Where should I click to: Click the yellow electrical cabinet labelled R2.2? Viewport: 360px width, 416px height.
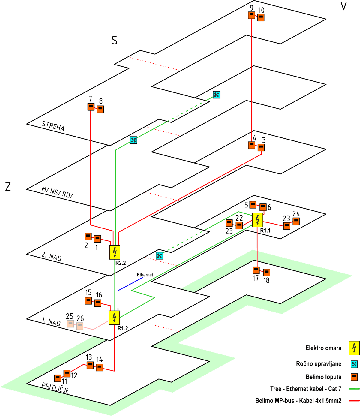tap(115, 252)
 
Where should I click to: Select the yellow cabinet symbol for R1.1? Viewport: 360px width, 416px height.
tap(257, 220)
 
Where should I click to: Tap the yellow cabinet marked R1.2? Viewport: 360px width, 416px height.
tap(114, 318)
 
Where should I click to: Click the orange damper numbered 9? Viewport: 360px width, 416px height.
tap(252, 15)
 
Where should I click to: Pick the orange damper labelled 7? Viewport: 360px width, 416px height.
tap(91, 107)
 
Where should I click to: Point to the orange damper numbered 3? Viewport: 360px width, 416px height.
tap(261, 147)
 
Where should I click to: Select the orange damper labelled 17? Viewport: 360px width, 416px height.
tap(256, 270)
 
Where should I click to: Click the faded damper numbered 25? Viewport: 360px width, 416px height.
tap(70, 324)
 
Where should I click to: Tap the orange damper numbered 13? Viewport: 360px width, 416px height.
tap(90, 365)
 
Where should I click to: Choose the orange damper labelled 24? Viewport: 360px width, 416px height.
tap(296, 221)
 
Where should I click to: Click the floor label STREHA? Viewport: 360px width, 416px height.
tap(53, 126)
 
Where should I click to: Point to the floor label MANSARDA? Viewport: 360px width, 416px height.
tap(58, 193)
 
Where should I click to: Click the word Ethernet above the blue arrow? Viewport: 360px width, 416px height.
tap(145, 275)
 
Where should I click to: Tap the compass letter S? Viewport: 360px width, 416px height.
tap(114, 40)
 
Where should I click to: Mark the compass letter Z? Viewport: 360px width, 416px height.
tap(8, 187)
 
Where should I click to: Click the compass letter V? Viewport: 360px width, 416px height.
tap(343, 6)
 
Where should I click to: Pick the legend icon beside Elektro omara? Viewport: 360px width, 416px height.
tap(354, 348)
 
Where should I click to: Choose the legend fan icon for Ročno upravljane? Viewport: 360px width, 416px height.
tap(354, 364)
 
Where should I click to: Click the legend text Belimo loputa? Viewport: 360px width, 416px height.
tap(323, 377)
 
